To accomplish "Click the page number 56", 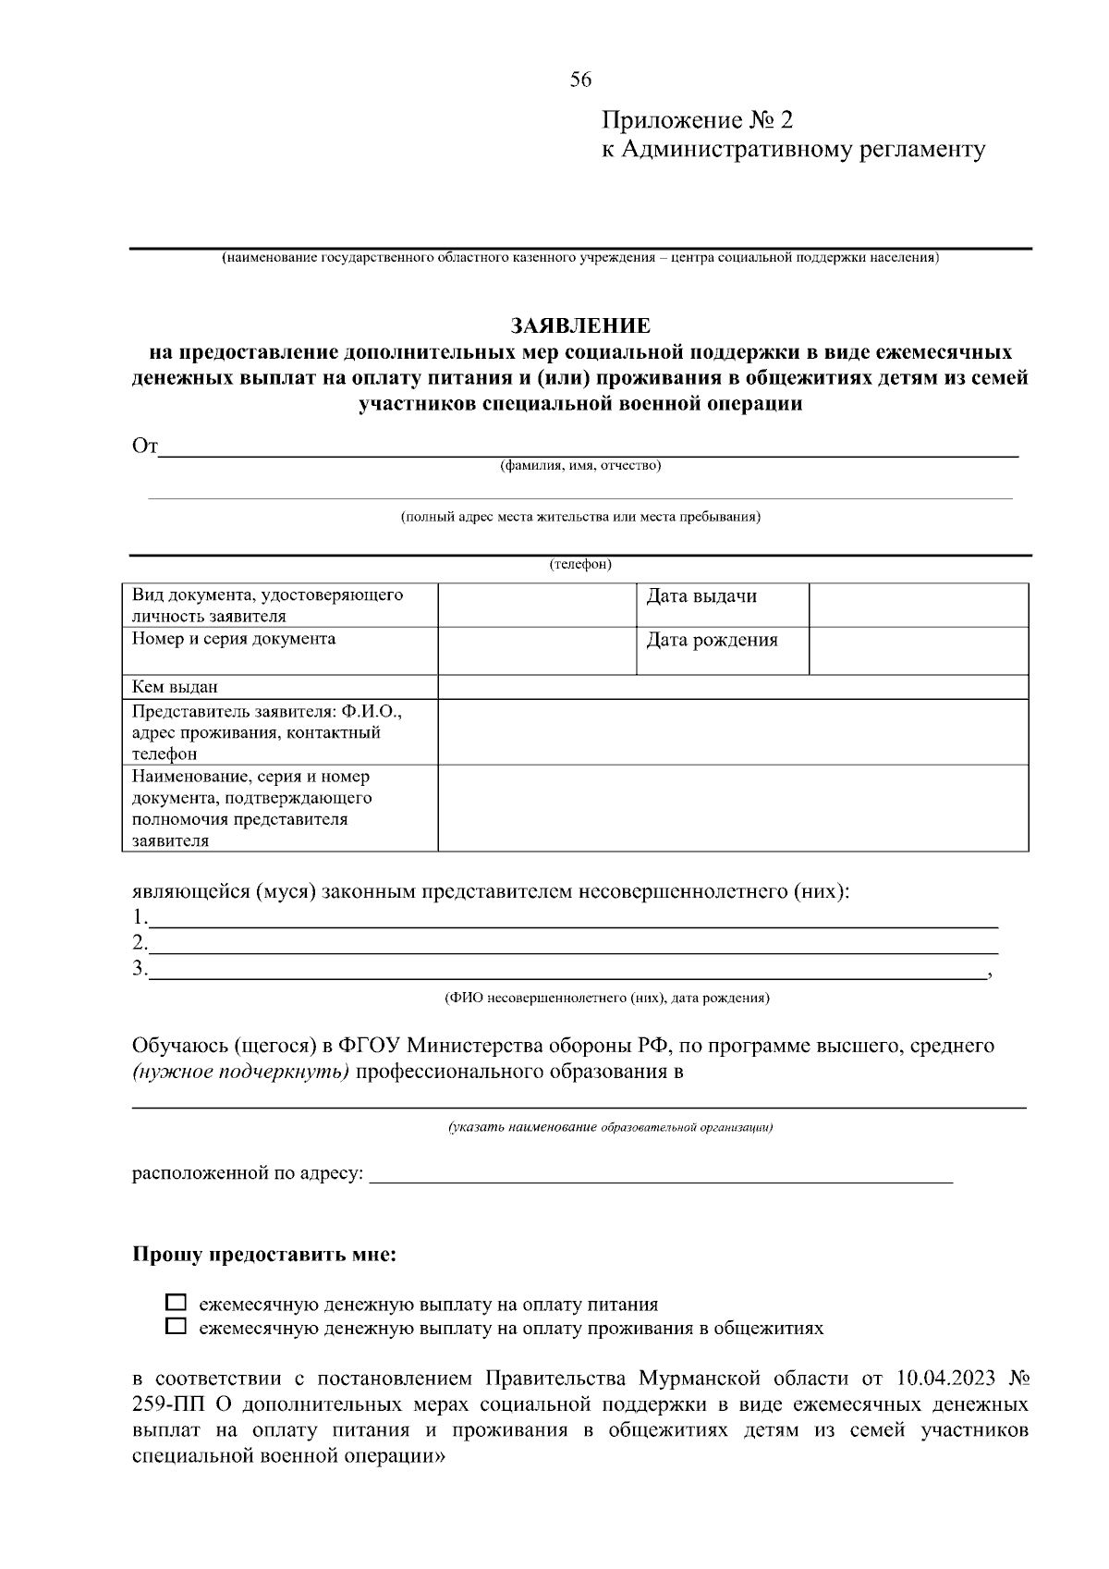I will [580, 80].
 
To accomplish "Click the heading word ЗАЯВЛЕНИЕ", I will [580, 325].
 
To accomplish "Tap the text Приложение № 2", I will [697, 120].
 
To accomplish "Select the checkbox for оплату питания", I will [176, 1304].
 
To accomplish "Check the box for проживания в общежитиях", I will [176, 1327].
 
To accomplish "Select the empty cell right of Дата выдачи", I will [919, 605].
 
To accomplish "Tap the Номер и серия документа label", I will [234, 639].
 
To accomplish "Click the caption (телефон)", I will [580, 564].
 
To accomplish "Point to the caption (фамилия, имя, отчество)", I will [580, 466].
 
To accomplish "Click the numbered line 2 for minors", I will [573, 943].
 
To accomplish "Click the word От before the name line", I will [145, 447].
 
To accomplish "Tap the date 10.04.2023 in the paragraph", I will [945, 1379].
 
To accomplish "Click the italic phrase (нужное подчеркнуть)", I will [240, 1073].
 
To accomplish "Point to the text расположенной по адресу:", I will [248, 1174].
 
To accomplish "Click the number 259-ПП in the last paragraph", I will [171, 1404].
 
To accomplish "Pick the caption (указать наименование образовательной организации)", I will [610, 1127].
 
